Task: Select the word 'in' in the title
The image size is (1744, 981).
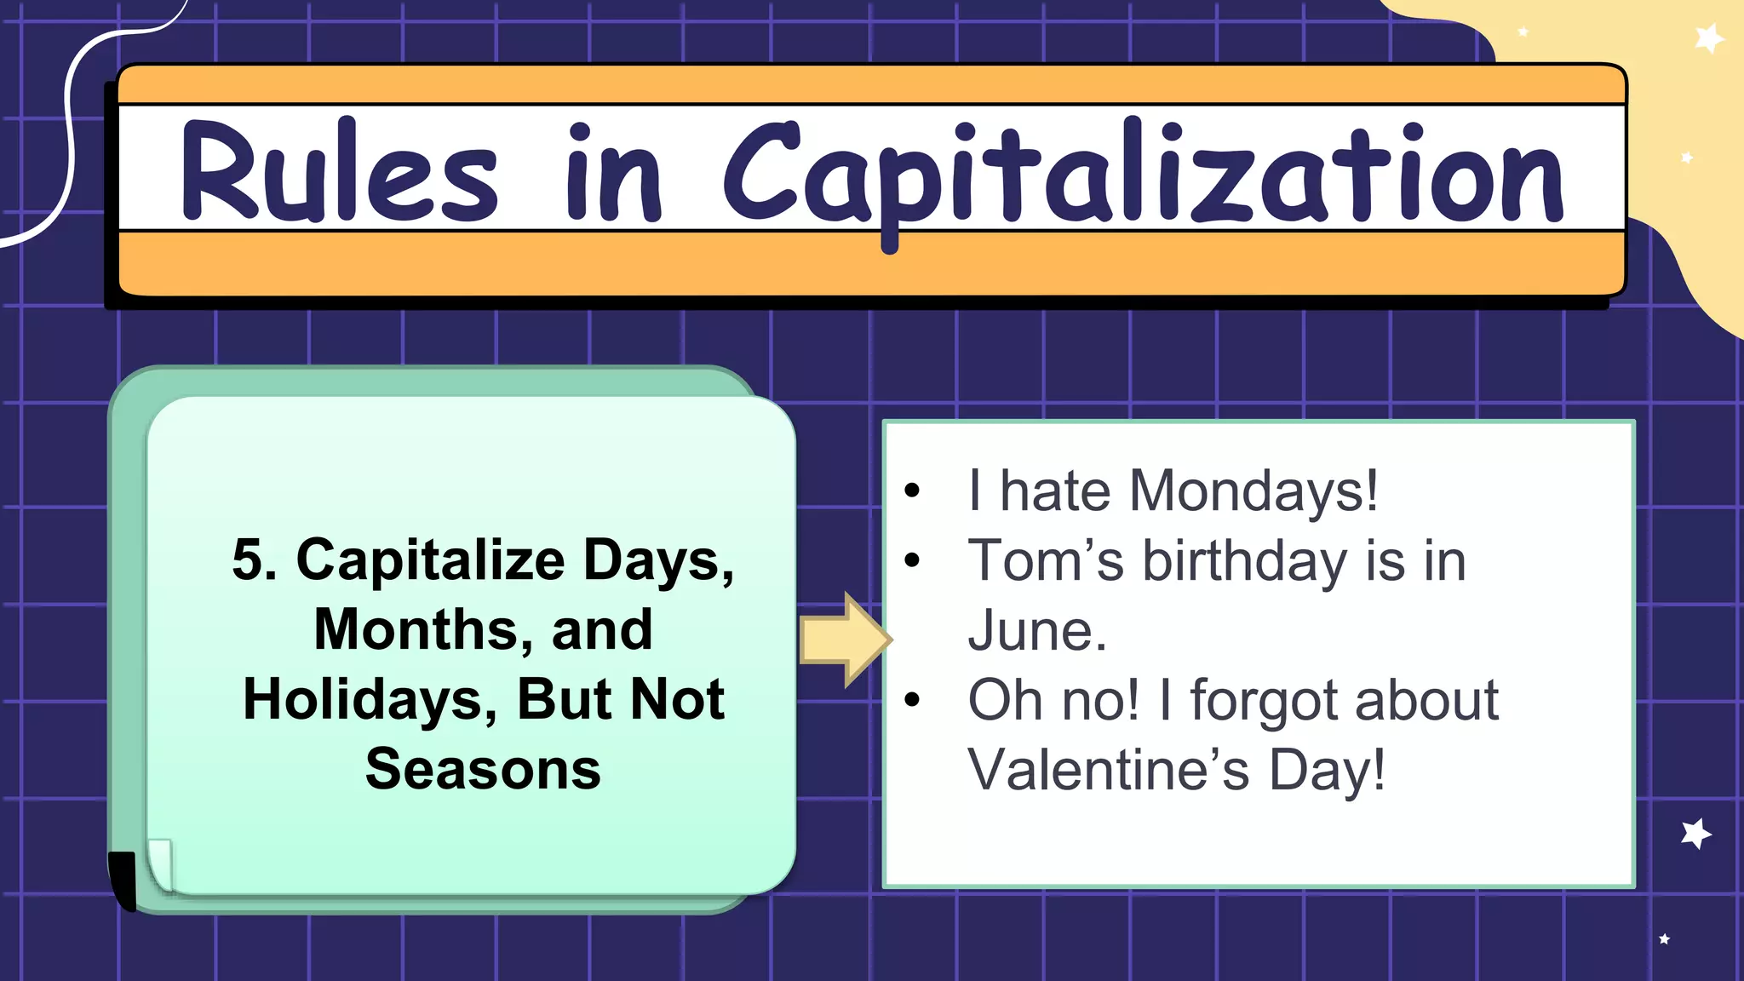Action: pyautogui.click(x=613, y=175)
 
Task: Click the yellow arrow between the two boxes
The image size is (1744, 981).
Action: pyautogui.click(x=844, y=640)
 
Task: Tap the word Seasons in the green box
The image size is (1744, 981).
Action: pyautogui.click(x=483, y=769)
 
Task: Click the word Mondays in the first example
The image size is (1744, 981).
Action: pyautogui.click(x=1252, y=491)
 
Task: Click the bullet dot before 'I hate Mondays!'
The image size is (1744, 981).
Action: pyautogui.click(x=912, y=490)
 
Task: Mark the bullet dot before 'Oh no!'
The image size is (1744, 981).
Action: pyautogui.click(x=912, y=700)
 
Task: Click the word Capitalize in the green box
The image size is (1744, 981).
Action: pyautogui.click(x=430, y=560)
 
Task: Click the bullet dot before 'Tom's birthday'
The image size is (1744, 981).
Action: pyautogui.click(x=912, y=560)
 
